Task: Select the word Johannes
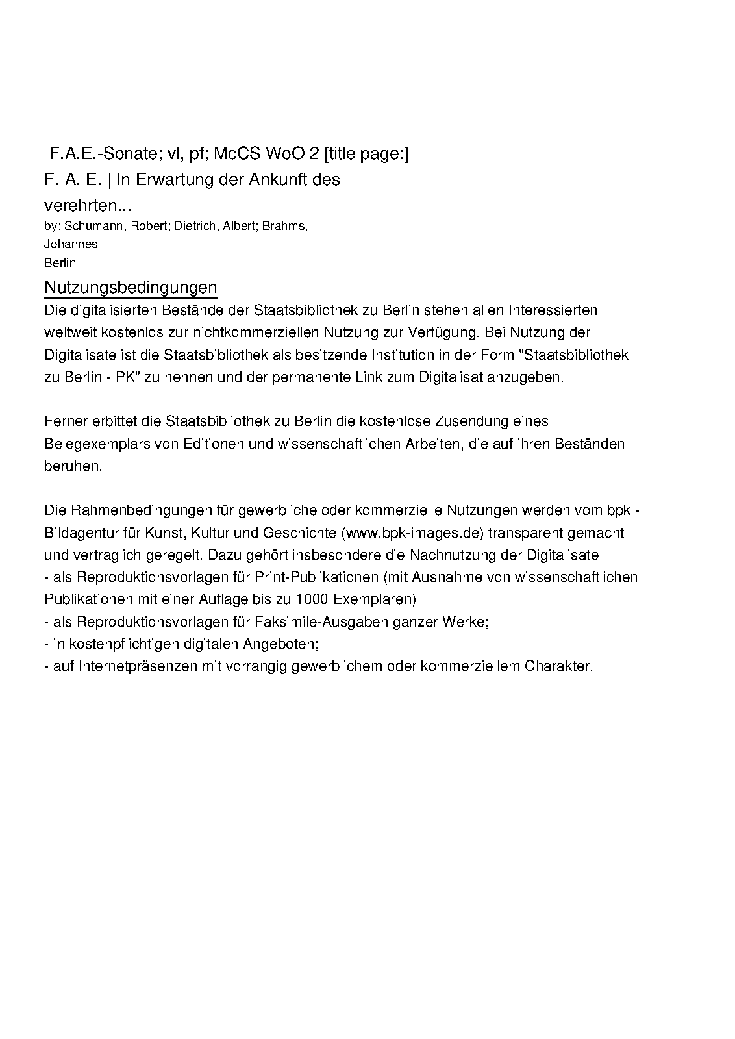coord(71,244)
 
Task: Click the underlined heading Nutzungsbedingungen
coord(131,287)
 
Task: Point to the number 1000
coord(312,598)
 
